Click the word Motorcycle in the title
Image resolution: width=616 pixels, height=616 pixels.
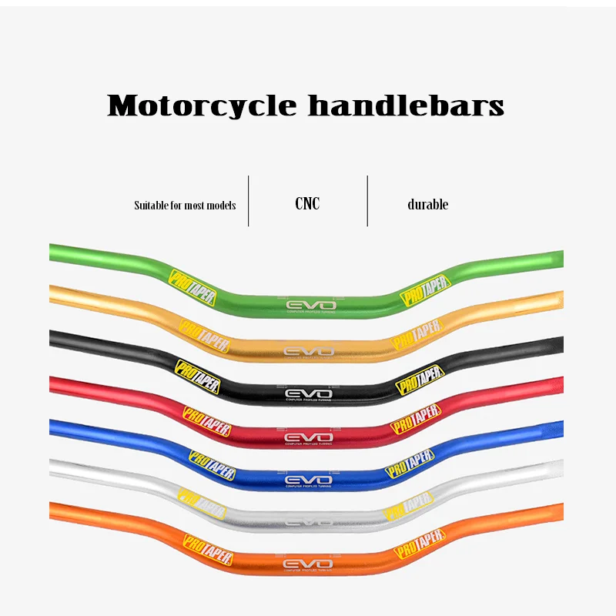coord(202,105)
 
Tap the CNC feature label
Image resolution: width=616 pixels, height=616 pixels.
coord(307,204)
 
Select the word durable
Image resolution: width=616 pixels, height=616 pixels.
coord(427,205)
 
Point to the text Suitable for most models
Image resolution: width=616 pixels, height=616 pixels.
coord(185,206)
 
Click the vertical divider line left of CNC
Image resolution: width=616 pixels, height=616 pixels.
coord(248,201)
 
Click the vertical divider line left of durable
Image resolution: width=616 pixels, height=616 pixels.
coord(367,201)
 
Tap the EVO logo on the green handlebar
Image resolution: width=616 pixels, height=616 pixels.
coord(306,305)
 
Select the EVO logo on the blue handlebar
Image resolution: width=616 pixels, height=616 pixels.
coord(306,480)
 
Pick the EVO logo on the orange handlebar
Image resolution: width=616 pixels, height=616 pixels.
coord(306,565)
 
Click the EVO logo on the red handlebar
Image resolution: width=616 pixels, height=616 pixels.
coord(306,438)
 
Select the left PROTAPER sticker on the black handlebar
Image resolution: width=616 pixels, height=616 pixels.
coord(197,377)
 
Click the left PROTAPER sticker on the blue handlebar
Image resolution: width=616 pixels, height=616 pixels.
coord(211,464)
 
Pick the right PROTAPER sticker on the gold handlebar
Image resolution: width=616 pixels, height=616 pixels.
coord(417,334)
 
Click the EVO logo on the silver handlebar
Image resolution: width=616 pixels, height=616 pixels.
coord(306,521)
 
